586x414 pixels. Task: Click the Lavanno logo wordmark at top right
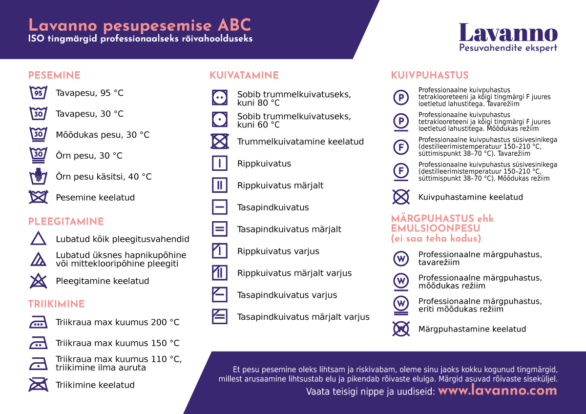click(508, 33)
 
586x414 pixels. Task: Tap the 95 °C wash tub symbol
click(38, 93)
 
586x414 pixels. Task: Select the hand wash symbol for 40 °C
click(38, 176)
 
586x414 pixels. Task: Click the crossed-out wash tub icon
click(38, 197)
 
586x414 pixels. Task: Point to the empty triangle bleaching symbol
click(38, 239)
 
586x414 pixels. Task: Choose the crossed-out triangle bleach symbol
click(38, 281)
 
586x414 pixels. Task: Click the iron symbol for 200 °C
click(38, 322)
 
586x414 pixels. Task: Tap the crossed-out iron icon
click(38, 385)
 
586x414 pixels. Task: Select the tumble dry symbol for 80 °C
click(220, 98)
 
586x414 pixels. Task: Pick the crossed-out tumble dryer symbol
click(220, 142)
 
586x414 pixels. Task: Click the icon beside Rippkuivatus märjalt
click(220, 186)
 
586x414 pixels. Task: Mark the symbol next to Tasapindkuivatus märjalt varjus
click(220, 317)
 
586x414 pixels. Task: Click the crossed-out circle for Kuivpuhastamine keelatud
click(401, 197)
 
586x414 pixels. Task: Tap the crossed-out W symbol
click(401, 329)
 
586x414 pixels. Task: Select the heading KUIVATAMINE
click(244, 76)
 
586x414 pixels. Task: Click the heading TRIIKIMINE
click(56, 304)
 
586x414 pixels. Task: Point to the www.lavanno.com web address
click(497, 391)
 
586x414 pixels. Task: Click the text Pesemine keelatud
click(95, 198)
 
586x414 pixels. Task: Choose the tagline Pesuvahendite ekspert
click(508, 48)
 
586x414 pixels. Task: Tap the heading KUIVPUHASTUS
click(430, 76)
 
